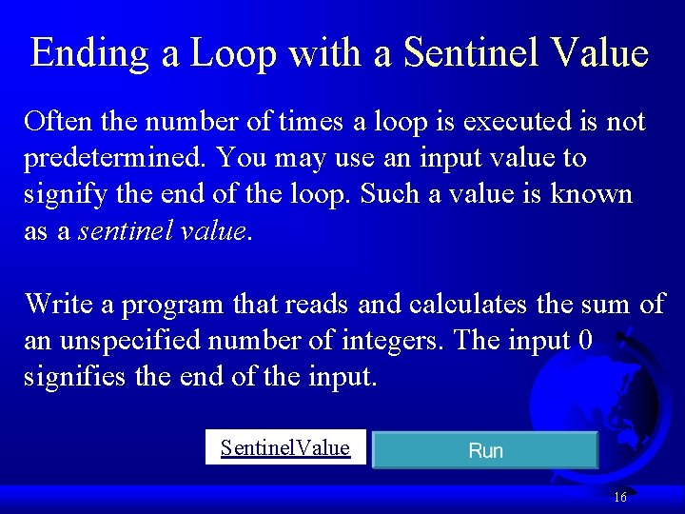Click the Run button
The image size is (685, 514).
pos(485,450)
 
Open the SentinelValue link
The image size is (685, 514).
pos(284,447)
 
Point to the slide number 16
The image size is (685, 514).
pos(620,497)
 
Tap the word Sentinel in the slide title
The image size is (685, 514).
pos(471,53)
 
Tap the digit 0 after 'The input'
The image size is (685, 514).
pos(585,340)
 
